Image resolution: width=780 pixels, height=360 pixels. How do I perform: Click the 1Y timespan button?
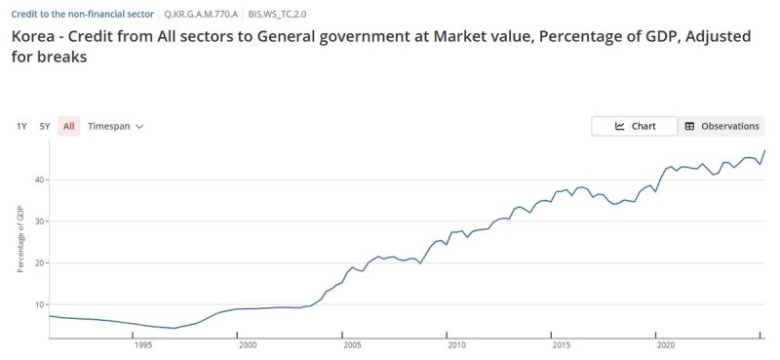tap(21, 126)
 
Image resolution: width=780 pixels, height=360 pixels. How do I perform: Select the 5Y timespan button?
tap(45, 126)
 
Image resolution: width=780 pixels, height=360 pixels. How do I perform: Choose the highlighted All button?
tap(68, 126)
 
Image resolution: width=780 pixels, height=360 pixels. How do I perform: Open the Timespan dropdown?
tap(115, 126)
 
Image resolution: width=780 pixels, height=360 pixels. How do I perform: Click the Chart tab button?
tap(635, 126)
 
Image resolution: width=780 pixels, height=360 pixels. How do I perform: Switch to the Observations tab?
tap(721, 126)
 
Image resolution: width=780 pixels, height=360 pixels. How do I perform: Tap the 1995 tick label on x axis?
tap(143, 345)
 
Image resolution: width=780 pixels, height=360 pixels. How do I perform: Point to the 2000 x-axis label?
tap(248, 345)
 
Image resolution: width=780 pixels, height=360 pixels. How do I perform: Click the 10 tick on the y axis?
tap(40, 304)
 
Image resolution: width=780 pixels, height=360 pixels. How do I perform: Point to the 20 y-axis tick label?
tap(40, 262)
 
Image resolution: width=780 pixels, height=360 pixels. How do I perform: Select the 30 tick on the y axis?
tap(40, 221)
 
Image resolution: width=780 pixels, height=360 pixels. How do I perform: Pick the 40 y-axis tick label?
tap(40, 180)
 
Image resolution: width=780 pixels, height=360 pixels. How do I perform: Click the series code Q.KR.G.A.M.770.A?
tap(201, 15)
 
